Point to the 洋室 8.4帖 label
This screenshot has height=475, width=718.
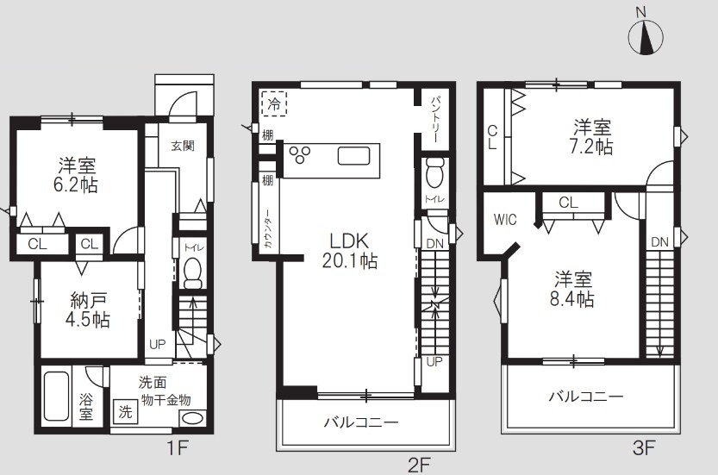[x=571, y=289]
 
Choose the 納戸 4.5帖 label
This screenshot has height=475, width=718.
[x=89, y=310]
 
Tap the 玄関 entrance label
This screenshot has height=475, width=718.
[x=182, y=146]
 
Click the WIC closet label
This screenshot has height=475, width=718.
[x=505, y=219]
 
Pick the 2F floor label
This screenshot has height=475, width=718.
[x=420, y=465]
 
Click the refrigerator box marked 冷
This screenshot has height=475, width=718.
[x=274, y=103]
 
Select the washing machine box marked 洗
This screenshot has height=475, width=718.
[x=125, y=412]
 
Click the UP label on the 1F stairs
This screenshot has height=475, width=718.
[x=158, y=343]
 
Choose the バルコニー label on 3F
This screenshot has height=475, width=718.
[x=586, y=397]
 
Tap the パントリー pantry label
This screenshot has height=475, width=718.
[x=435, y=116]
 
